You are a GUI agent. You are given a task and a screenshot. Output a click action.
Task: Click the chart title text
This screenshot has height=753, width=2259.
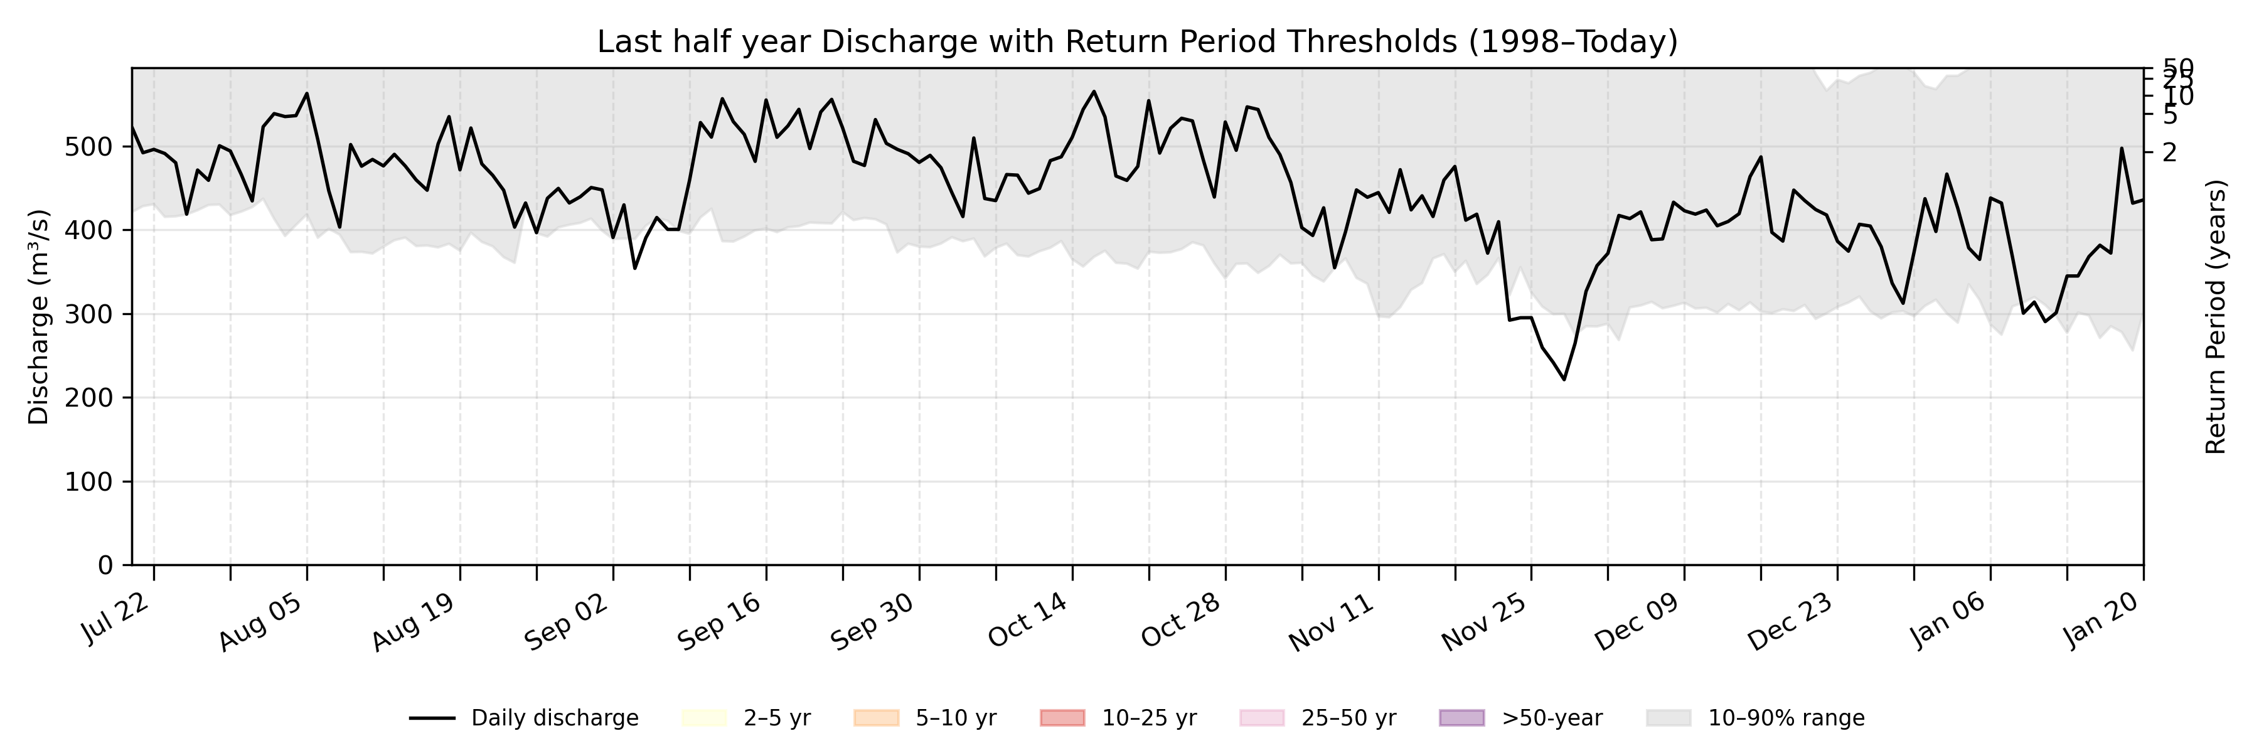coord(1136,42)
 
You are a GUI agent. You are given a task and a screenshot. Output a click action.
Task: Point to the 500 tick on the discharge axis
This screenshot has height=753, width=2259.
coord(88,146)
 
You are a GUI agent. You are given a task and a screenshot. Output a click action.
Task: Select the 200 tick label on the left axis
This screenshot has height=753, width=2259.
coord(88,398)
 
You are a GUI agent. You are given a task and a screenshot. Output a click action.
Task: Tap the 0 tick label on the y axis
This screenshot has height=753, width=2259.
coord(105,565)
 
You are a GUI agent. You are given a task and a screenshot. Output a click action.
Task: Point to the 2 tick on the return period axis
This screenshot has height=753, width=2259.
coord(2169,152)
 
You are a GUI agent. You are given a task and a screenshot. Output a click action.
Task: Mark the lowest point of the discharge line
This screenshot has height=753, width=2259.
coord(1564,380)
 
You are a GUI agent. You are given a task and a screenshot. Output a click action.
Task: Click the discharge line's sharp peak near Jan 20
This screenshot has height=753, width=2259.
coord(2122,148)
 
